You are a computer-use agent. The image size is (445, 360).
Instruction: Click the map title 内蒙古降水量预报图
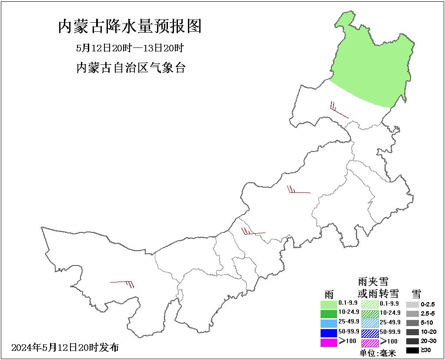click(x=130, y=27)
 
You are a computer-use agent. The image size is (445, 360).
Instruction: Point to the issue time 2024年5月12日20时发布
click(x=65, y=348)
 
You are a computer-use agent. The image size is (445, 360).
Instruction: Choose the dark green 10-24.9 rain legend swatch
click(x=329, y=313)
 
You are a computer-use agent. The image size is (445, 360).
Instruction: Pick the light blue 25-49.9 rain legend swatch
click(x=329, y=323)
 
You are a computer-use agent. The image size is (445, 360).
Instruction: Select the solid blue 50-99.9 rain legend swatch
click(x=329, y=333)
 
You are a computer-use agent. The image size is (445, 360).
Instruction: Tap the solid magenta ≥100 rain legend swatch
click(x=329, y=342)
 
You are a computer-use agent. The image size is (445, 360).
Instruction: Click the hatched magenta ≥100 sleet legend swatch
click(x=370, y=342)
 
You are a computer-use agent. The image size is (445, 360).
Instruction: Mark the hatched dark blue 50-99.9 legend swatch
click(x=370, y=333)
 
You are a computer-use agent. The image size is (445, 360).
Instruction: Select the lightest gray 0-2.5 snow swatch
click(x=412, y=304)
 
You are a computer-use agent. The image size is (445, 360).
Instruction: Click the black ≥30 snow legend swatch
click(x=412, y=350)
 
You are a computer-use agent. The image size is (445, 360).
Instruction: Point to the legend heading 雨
click(x=328, y=293)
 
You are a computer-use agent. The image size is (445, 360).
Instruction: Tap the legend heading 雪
click(x=416, y=293)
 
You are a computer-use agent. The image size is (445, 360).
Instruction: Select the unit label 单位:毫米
click(x=378, y=353)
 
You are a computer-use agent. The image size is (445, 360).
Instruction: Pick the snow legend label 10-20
click(x=429, y=332)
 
